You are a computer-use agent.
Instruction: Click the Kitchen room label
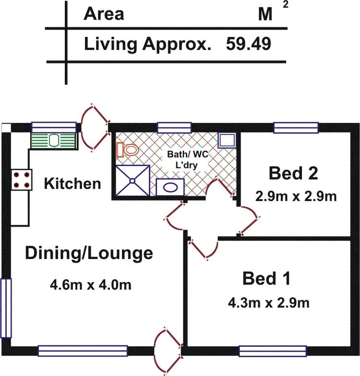(x=72, y=183)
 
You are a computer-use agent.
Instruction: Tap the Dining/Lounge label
(x=89, y=253)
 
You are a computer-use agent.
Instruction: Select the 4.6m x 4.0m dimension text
(x=91, y=285)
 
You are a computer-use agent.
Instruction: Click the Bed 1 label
(x=266, y=278)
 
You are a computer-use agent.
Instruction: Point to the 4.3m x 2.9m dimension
(x=268, y=303)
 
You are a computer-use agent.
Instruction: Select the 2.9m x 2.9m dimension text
(x=295, y=196)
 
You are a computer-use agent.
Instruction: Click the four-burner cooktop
(x=21, y=180)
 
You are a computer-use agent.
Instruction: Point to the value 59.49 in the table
(x=248, y=44)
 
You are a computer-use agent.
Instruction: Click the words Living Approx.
(x=148, y=44)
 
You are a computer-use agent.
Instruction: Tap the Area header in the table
(x=104, y=14)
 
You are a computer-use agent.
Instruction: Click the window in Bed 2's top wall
(x=296, y=128)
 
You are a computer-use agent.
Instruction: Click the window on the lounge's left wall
(x=6, y=308)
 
